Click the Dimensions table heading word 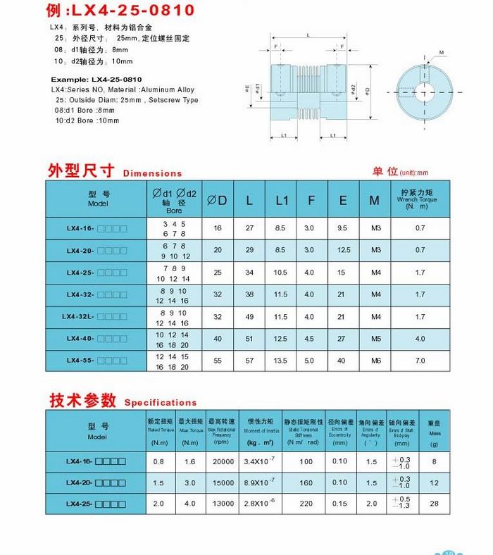coord(152,173)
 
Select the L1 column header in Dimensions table coord(282,200)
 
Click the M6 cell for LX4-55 coord(375,360)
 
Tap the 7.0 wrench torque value coord(420,360)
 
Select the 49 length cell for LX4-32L coord(249,317)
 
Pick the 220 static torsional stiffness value coord(306,504)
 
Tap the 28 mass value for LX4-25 coord(434,504)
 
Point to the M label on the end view coord(442,52)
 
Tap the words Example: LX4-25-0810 coord(96,80)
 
